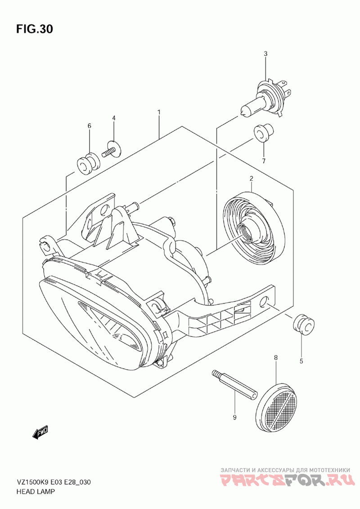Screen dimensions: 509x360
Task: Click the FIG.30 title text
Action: tap(35, 29)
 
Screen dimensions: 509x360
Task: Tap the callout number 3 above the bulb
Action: tap(265, 54)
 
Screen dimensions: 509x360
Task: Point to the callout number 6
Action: tap(89, 125)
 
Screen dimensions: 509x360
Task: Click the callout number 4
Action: tap(114, 118)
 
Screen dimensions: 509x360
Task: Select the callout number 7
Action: tap(264, 161)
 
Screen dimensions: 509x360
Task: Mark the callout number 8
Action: tap(275, 357)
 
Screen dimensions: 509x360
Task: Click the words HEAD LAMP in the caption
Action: tap(36, 492)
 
